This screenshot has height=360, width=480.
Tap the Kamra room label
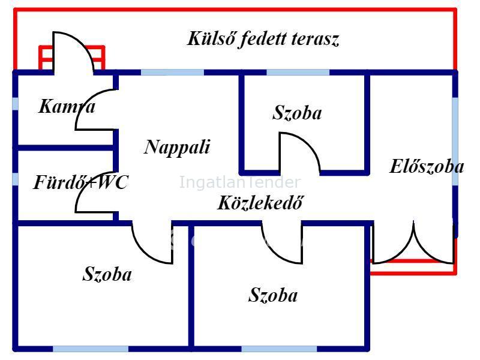(67, 107)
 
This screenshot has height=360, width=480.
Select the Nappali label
(177, 147)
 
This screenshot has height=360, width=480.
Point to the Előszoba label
(427, 166)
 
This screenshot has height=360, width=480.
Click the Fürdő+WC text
(80, 182)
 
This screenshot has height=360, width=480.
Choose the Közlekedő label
(259, 203)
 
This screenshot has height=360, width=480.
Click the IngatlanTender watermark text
(239, 182)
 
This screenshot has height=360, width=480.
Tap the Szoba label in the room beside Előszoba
(297, 113)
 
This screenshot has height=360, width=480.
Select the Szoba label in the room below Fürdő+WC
(107, 275)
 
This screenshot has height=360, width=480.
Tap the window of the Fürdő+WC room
(15, 179)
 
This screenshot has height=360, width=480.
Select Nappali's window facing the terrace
(172, 73)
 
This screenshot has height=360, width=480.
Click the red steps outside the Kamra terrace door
(72, 58)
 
